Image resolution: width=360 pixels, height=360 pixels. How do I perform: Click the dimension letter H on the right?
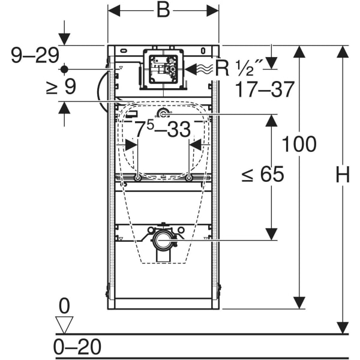pos(343,176)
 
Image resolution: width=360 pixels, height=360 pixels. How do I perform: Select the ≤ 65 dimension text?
pos(262,175)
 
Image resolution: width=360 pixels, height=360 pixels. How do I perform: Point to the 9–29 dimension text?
pos(35,56)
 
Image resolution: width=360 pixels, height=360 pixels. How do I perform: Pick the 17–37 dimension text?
pos(265,90)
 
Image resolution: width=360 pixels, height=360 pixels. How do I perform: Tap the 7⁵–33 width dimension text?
pos(162,128)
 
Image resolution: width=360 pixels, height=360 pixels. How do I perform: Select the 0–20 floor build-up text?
pos(77,347)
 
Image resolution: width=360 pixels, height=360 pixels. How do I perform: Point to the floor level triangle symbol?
pos(64,325)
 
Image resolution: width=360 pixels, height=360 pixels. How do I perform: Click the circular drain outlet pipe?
pos(163,241)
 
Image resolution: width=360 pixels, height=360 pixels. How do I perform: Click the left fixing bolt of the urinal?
pos(138,178)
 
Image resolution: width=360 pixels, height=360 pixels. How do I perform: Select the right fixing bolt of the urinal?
pos(189,178)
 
